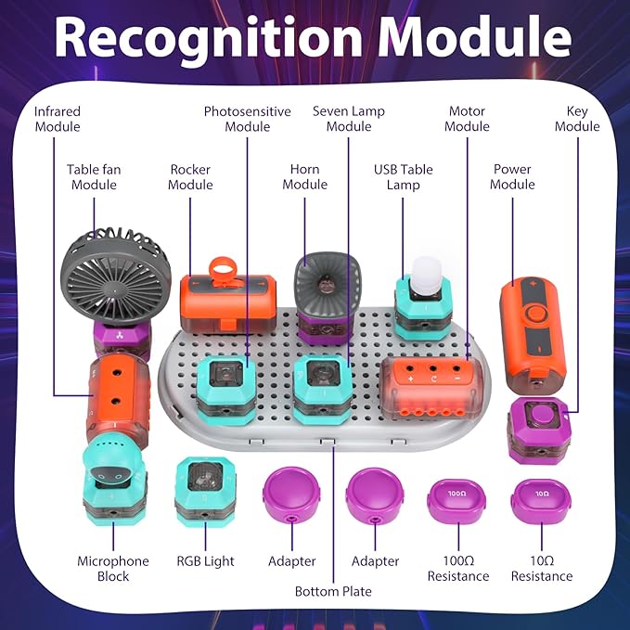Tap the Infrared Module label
(58, 119)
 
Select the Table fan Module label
(94, 177)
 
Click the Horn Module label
(304, 177)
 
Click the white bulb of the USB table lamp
(423, 271)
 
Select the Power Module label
(512, 177)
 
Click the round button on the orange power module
(534, 314)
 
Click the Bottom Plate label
(332, 591)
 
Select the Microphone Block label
(113, 569)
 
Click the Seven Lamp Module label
(349, 119)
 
